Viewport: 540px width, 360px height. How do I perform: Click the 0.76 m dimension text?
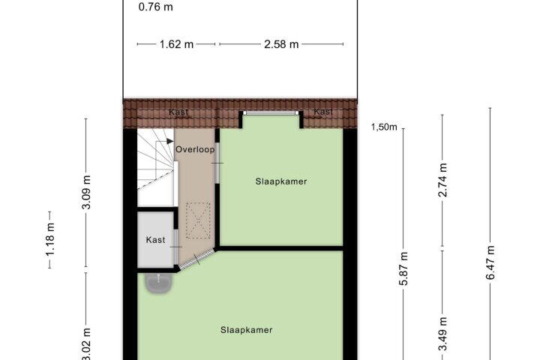(x=156, y=7)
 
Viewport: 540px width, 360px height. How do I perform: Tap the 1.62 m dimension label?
(x=176, y=44)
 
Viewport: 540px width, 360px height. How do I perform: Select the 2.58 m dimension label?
(x=281, y=44)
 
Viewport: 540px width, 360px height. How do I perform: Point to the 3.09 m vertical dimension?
(x=86, y=192)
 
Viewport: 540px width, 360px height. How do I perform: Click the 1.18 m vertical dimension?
(x=50, y=240)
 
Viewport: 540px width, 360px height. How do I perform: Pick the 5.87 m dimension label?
(x=403, y=268)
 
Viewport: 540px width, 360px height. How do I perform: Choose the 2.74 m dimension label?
(x=442, y=180)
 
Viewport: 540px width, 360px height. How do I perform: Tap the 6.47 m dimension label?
(x=490, y=262)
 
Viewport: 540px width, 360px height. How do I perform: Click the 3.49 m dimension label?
(x=442, y=334)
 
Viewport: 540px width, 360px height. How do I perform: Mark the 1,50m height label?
(x=384, y=127)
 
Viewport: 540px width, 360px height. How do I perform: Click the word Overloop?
(x=195, y=149)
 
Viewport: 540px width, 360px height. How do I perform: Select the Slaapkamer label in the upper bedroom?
(x=281, y=181)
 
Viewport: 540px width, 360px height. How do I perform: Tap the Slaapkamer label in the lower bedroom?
(x=247, y=330)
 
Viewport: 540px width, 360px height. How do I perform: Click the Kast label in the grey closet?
(x=155, y=240)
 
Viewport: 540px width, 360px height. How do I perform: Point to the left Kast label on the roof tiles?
(x=178, y=112)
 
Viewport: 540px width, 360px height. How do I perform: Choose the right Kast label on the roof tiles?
(x=323, y=112)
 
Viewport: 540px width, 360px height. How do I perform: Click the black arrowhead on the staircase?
(x=169, y=141)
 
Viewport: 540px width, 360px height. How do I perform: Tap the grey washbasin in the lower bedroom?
(x=158, y=283)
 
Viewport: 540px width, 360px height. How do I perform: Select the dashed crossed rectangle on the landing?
(x=198, y=220)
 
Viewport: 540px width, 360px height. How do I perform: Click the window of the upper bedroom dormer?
(x=271, y=113)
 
